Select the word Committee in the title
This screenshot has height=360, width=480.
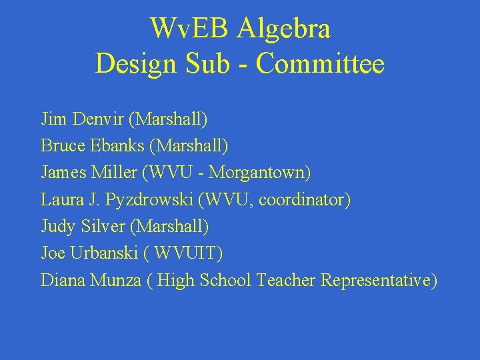tap(320, 64)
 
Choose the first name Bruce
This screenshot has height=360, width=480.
tap(59, 146)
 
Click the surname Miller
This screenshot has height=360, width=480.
tap(115, 173)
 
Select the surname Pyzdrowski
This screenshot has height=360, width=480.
tap(146, 200)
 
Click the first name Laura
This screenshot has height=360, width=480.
tap(59, 200)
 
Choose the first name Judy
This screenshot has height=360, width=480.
tap(57, 227)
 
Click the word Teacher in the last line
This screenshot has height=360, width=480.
tap(286, 281)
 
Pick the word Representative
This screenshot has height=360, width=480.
tap(378, 281)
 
